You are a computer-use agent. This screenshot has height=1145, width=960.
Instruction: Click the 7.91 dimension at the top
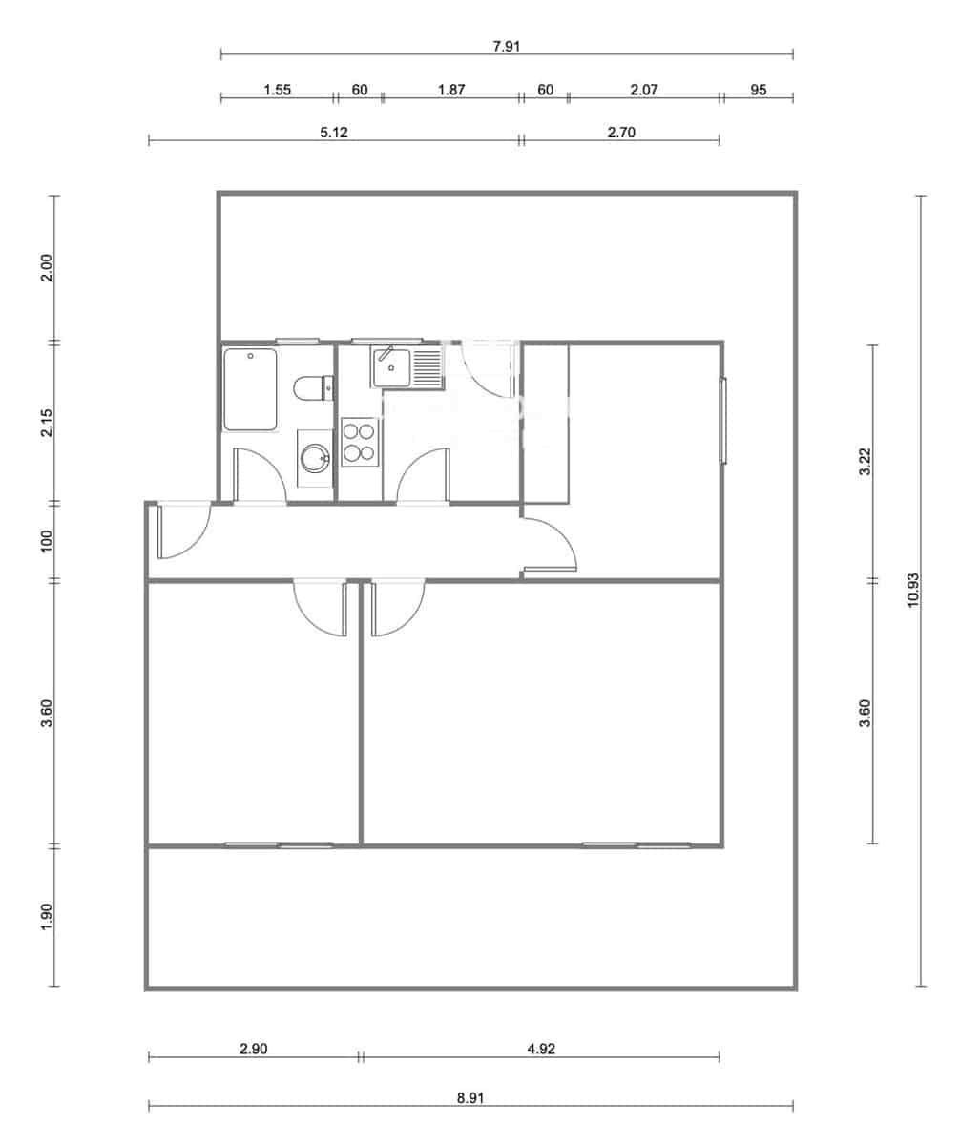(506, 46)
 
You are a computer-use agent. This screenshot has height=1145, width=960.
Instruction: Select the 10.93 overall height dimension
(913, 591)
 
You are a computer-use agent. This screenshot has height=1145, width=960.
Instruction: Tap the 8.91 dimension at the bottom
(470, 1097)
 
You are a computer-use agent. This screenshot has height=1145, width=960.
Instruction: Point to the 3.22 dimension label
(865, 461)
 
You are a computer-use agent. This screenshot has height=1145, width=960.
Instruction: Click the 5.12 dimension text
(333, 133)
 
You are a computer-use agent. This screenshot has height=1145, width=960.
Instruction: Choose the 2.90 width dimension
(253, 1048)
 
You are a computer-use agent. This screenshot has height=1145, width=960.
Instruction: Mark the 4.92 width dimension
(540, 1048)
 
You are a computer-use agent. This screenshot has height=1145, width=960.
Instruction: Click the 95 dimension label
(759, 90)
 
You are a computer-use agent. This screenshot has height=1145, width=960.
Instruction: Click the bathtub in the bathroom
(250, 389)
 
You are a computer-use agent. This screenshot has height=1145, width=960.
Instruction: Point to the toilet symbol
(313, 387)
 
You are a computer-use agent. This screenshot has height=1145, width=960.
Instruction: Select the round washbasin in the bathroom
(314, 458)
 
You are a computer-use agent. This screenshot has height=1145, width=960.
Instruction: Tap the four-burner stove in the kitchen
(359, 443)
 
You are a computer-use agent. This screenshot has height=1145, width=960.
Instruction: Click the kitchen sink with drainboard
(407, 367)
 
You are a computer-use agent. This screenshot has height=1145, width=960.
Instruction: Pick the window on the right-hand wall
(722, 421)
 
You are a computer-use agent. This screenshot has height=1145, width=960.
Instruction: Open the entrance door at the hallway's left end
(181, 530)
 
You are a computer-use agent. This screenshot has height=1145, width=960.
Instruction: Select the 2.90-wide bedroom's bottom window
(279, 844)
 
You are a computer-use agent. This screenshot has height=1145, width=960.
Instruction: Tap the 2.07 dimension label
(644, 90)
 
